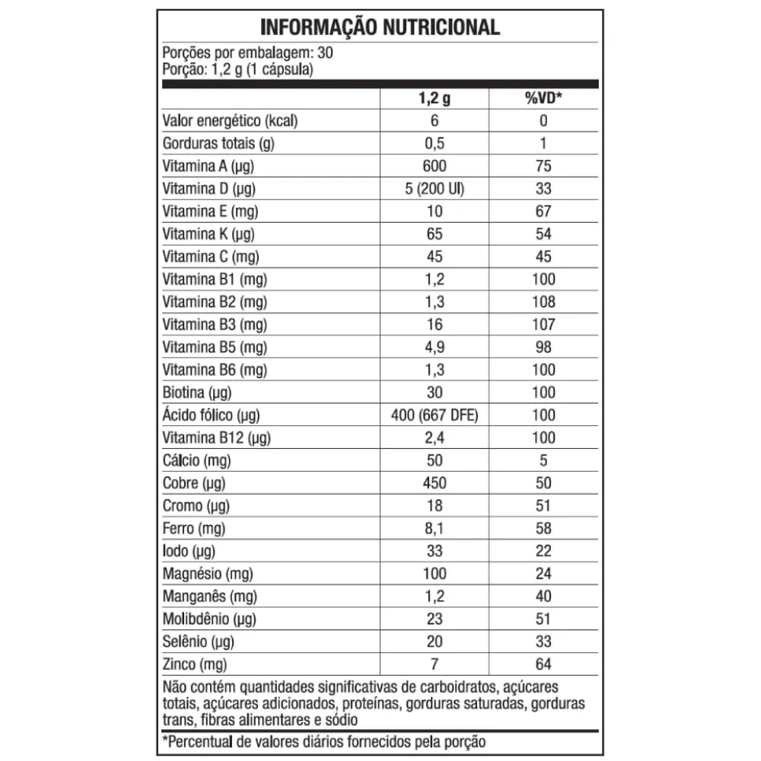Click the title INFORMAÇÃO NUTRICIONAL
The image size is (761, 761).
[380, 27]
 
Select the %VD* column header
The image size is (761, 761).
[543, 98]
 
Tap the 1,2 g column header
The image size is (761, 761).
[435, 98]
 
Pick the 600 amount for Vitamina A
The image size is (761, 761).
[435, 166]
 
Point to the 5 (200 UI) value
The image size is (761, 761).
[435, 189]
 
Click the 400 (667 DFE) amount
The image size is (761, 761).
[435, 415]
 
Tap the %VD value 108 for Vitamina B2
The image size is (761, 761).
[543, 301]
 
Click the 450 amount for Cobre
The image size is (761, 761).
[435, 482]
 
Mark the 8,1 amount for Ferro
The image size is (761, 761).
[435, 528]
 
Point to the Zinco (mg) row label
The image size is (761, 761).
[195, 664]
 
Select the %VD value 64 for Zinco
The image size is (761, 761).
[543, 664]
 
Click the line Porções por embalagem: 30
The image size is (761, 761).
[247, 53]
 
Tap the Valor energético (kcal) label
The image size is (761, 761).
[230, 121]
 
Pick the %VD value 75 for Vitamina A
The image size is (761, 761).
[543, 166]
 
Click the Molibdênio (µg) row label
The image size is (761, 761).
[209, 619]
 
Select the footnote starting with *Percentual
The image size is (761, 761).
[323, 741]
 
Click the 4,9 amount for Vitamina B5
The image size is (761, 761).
[435, 347]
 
